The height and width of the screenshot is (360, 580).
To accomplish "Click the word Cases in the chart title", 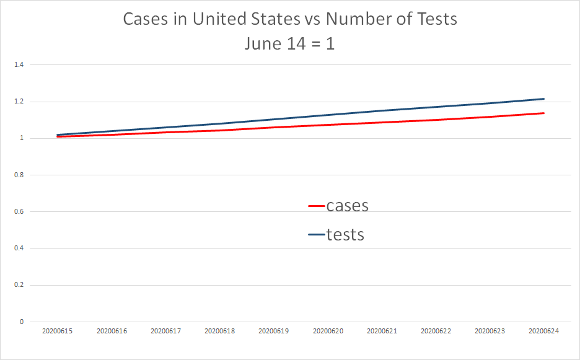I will click(x=146, y=19).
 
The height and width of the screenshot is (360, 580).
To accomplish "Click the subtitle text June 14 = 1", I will click(x=289, y=44).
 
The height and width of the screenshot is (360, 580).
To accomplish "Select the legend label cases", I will click(x=347, y=205).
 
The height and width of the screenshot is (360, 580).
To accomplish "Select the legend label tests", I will click(x=345, y=234).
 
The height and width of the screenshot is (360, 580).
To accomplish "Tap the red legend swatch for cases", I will click(x=317, y=206).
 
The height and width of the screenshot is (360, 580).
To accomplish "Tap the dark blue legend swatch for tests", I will click(x=317, y=235).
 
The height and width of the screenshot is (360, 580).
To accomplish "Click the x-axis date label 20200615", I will click(x=58, y=331).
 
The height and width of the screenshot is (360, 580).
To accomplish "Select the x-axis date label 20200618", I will click(x=219, y=331).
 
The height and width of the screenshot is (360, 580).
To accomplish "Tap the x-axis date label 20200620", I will click(x=328, y=331).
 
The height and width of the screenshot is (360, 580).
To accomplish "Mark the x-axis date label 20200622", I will click(x=436, y=331).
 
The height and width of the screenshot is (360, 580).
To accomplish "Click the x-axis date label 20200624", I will click(x=543, y=331).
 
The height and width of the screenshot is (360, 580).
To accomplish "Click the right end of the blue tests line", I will click(x=543, y=99).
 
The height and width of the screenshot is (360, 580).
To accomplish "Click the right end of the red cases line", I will click(x=543, y=113).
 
